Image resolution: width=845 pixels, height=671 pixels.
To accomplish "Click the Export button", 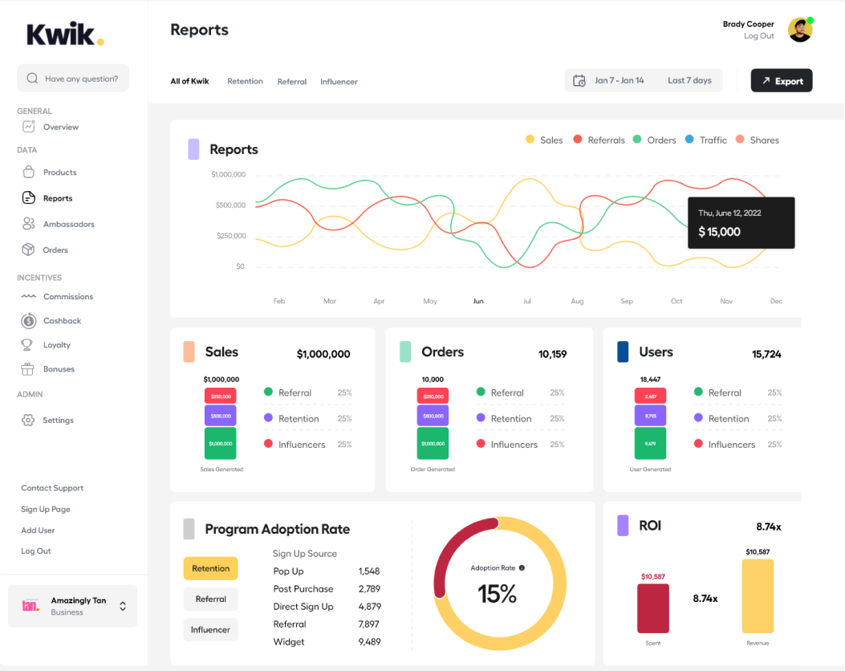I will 782,81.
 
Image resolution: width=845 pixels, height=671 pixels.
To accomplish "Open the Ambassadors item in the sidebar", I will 68,224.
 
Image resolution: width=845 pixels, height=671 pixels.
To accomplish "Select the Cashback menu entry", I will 62,321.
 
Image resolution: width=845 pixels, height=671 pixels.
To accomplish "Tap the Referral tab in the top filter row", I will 291,82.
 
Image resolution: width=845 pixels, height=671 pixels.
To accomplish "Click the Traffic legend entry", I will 713,140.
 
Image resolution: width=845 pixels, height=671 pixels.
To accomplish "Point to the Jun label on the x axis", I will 478,302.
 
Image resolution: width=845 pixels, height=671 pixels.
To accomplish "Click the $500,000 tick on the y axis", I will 230,205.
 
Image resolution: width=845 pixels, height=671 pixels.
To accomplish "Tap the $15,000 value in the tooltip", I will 719,232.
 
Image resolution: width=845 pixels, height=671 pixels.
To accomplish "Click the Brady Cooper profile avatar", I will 799,31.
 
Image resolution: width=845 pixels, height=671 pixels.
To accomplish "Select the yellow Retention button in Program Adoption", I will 210,568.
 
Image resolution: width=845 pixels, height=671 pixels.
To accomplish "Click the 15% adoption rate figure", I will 497,594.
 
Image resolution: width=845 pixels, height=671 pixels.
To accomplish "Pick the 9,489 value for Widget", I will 369,642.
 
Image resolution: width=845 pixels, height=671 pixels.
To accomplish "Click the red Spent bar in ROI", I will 653,608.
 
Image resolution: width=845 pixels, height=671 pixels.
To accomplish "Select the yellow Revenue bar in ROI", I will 758,596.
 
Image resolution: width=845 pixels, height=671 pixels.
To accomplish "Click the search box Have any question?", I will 73,79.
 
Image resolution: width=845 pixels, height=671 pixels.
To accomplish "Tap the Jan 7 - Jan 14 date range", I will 619,81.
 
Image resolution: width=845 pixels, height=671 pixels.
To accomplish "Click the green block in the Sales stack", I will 221,443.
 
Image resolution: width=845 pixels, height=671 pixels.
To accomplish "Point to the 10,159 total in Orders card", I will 552,354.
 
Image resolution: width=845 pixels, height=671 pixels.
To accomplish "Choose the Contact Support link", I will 52,488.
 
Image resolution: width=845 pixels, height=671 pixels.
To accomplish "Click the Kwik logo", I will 65,35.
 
